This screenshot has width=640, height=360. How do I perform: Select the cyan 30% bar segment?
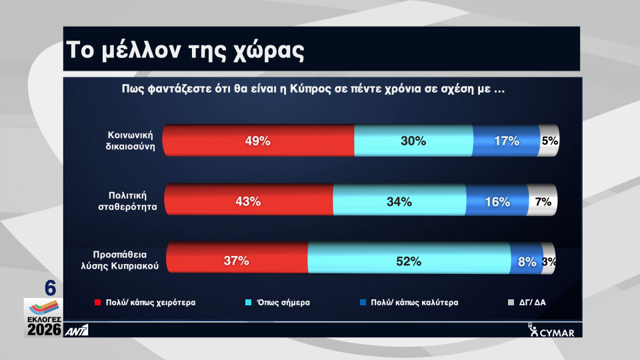[413, 141]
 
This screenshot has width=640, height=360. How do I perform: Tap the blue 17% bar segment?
[505, 141]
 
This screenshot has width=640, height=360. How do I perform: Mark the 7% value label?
[543, 202]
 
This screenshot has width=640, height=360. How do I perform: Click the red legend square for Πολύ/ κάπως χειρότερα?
[97, 302]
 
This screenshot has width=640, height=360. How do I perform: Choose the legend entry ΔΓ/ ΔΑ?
[528, 302]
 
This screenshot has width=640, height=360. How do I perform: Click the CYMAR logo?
[551, 331]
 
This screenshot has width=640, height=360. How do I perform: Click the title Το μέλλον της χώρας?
[187, 50]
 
